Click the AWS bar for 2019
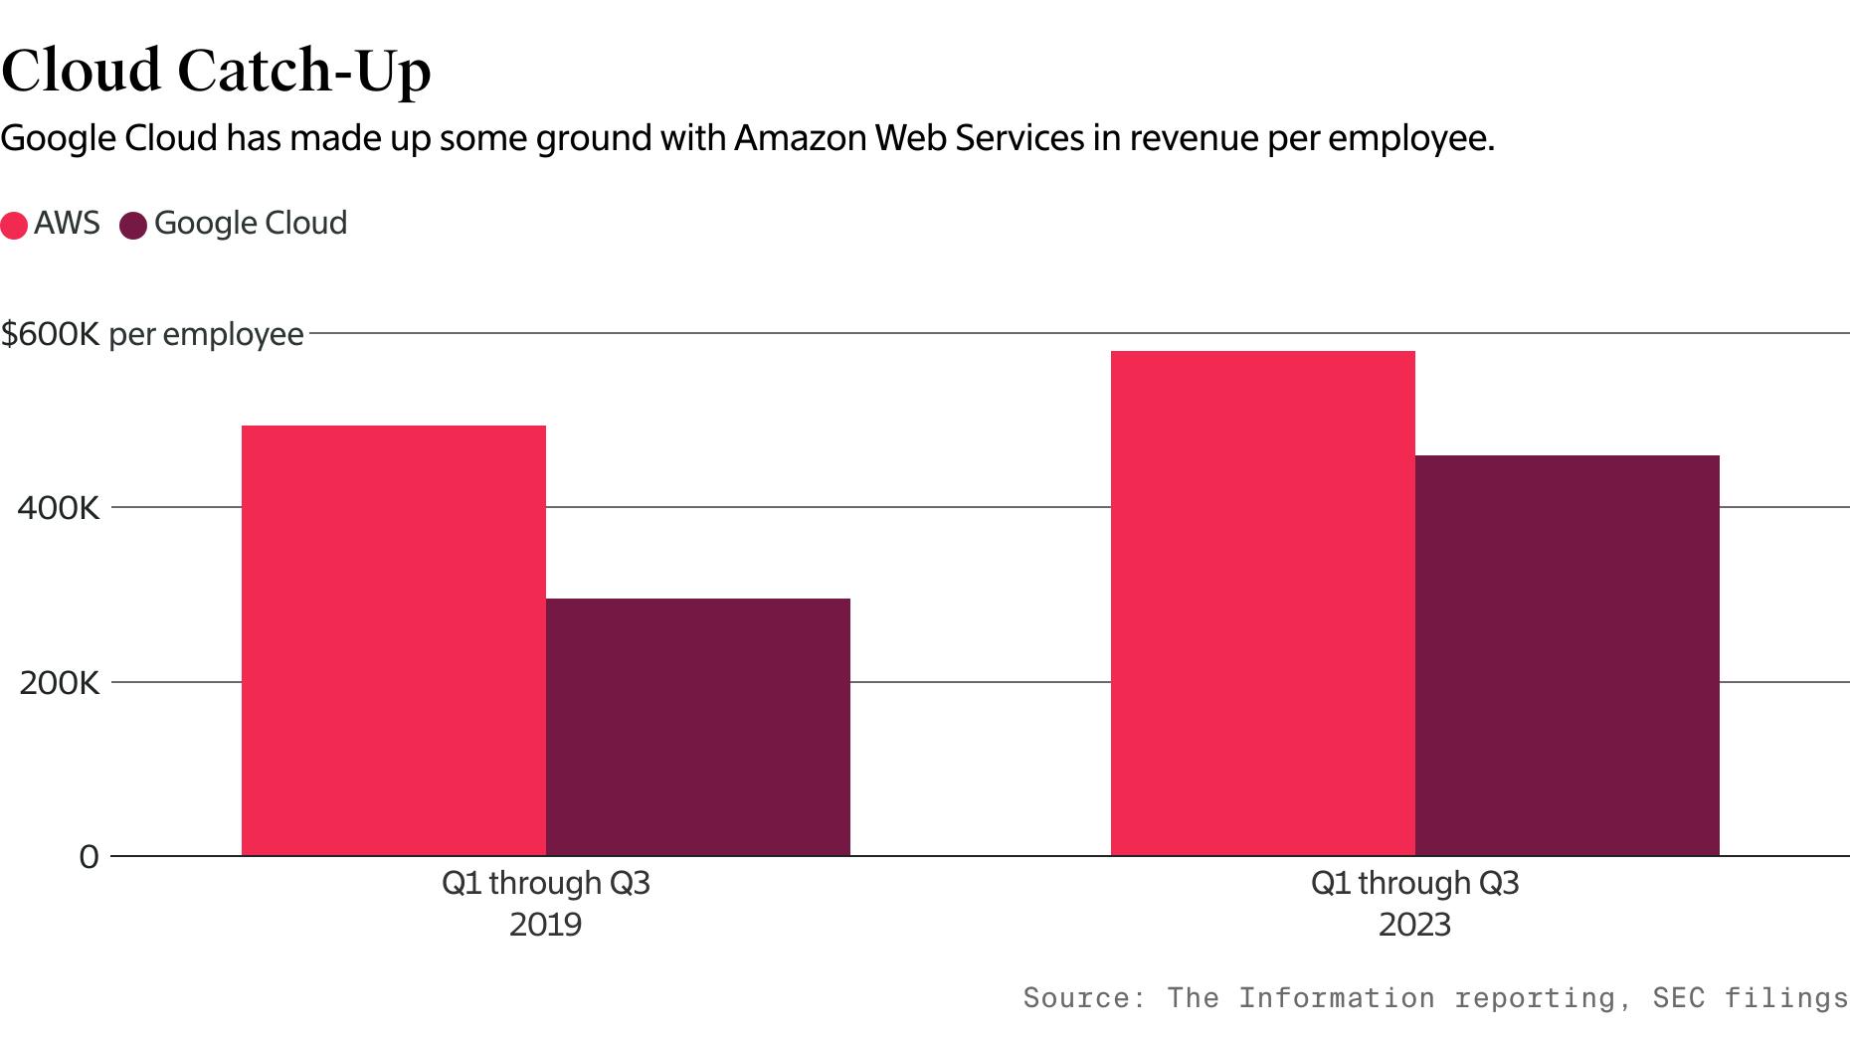[x=394, y=640]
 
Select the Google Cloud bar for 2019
[x=698, y=727]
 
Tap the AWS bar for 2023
[x=1263, y=603]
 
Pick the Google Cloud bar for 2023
[x=1568, y=655]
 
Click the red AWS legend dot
[x=14, y=225]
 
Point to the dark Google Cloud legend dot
[x=133, y=225]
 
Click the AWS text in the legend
[x=67, y=223]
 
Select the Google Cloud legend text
[x=251, y=223]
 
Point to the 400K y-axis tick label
[x=59, y=508]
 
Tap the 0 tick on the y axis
[x=90, y=857]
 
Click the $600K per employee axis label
[x=152, y=334]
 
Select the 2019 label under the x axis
[x=545, y=925]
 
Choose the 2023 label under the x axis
[x=1414, y=925]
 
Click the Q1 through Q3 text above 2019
[x=545, y=883]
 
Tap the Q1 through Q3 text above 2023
[x=1414, y=883]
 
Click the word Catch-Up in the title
[x=304, y=72]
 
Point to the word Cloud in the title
[x=82, y=72]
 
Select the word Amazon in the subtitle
[x=801, y=138]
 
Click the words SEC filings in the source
[x=1750, y=997]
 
